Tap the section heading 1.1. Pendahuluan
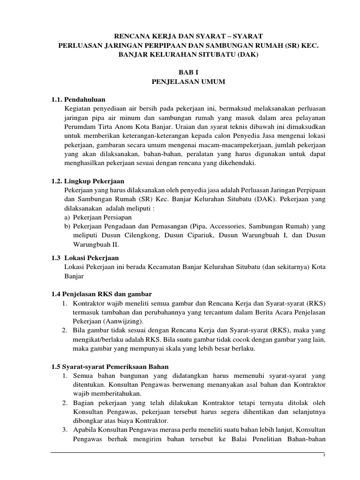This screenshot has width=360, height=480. [78, 99]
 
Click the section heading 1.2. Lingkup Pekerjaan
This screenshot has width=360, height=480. [88, 181]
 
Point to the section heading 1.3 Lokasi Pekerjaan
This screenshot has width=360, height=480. [85, 258]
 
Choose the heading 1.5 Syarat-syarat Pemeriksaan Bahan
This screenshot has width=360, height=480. [110, 367]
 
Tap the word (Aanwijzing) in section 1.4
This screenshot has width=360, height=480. [127, 321]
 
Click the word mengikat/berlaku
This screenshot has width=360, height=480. [97, 339]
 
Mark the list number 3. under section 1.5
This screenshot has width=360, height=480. [65, 430]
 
